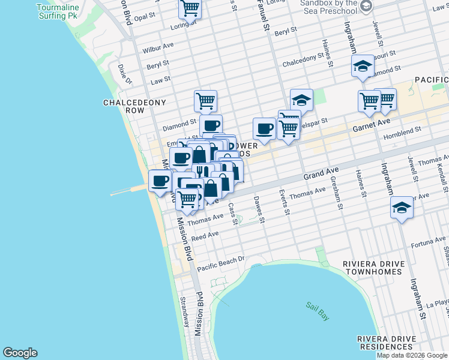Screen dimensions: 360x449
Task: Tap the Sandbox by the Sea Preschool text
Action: point(328,7)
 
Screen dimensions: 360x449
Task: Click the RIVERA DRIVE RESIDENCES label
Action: point(386,343)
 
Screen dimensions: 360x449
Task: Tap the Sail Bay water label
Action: point(317,311)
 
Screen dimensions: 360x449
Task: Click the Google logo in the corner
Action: point(20,353)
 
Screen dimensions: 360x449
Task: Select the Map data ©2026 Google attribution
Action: point(412,355)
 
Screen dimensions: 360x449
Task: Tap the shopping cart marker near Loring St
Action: point(190,9)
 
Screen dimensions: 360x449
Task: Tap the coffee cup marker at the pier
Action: point(160,180)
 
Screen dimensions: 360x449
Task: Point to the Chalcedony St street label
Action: point(303,62)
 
